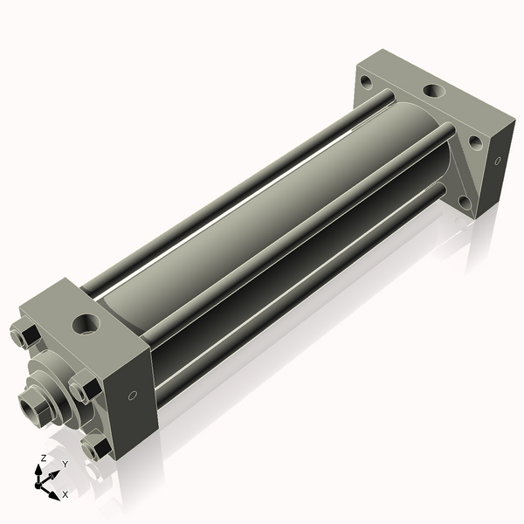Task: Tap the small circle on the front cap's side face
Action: click(x=132, y=396)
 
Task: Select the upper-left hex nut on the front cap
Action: click(x=24, y=335)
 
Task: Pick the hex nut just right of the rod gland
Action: click(x=83, y=385)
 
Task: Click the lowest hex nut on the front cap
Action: click(x=95, y=447)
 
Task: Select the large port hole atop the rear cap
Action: click(x=431, y=90)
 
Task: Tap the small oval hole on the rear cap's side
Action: click(x=498, y=161)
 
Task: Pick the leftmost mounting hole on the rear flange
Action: click(x=365, y=84)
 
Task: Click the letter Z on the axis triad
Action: click(x=43, y=458)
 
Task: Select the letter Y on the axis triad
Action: click(x=65, y=465)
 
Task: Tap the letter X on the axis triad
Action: click(x=65, y=494)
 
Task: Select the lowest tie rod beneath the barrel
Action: click(x=297, y=297)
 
